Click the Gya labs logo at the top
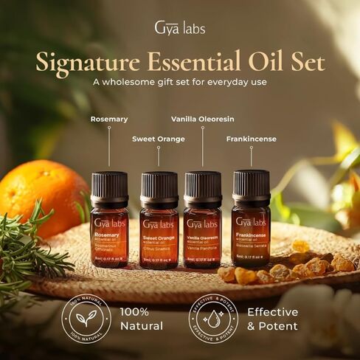tap(179, 29)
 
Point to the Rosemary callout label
tap(109, 119)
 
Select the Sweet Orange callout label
tap(159, 138)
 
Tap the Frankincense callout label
tap(251, 138)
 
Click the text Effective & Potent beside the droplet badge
tap(272, 319)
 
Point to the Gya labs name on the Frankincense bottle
tap(251, 221)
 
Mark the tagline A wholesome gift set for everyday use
tap(179, 83)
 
